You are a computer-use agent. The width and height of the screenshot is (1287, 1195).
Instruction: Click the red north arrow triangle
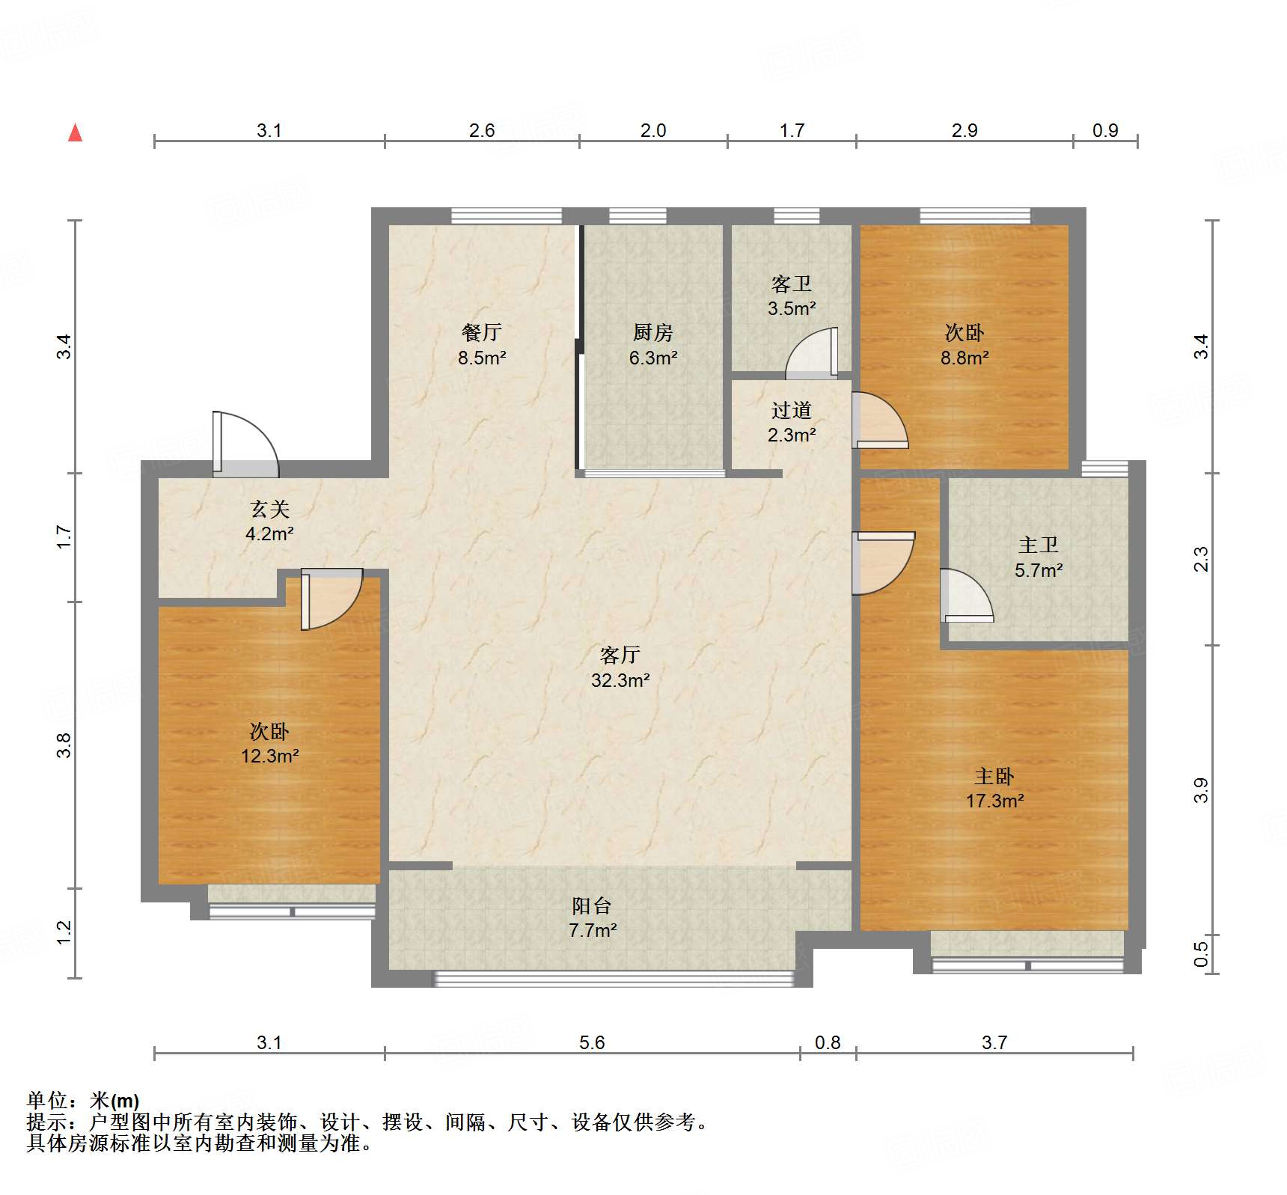(75, 133)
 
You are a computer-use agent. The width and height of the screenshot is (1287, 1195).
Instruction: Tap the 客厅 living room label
(620, 655)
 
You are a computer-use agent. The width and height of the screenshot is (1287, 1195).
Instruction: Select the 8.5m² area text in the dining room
(482, 358)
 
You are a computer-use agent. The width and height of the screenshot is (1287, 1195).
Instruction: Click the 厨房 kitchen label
(652, 332)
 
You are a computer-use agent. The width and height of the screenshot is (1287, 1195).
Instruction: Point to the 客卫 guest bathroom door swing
(813, 353)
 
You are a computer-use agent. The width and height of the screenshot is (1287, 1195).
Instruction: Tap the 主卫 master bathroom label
(1038, 545)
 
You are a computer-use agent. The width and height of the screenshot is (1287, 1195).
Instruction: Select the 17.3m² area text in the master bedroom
(994, 801)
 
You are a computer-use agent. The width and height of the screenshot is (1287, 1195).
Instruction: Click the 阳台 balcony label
(591, 906)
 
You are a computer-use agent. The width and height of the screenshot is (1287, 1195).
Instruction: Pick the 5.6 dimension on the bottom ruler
(591, 1042)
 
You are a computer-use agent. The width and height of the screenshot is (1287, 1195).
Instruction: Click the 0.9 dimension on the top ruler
(1104, 130)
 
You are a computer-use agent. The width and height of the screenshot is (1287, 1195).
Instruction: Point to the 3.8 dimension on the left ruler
(64, 745)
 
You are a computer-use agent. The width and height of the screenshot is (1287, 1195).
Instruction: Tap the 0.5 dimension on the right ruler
(1200, 953)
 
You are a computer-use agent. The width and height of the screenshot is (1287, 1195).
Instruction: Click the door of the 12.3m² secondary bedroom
(331, 599)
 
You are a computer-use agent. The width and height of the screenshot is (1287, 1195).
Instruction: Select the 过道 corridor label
(791, 410)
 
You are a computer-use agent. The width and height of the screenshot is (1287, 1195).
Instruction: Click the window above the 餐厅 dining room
(507, 216)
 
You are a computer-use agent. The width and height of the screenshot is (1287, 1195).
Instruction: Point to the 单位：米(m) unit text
(83, 1100)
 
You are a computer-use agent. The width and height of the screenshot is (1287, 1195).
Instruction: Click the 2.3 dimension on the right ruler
(1200, 560)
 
